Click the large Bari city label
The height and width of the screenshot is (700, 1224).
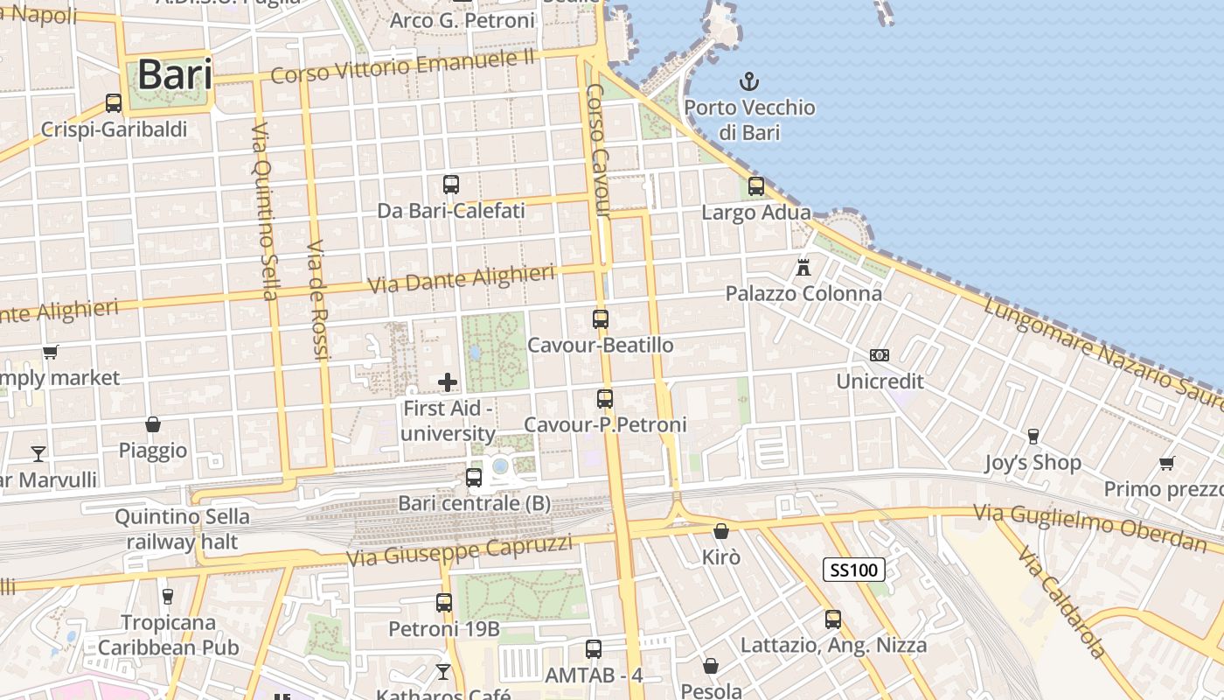[175, 74]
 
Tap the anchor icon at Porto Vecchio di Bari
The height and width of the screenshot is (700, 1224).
[749, 82]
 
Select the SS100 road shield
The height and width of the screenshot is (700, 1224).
[854, 570]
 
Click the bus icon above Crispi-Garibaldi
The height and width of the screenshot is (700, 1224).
[114, 103]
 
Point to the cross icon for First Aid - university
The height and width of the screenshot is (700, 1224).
[448, 382]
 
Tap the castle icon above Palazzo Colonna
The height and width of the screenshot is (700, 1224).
[803, 267]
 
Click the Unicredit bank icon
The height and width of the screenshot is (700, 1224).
[880, 355]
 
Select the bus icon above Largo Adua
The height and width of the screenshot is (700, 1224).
[756, 186]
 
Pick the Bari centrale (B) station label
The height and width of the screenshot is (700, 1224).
[474, 503]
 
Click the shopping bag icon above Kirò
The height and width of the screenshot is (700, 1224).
[721, 531]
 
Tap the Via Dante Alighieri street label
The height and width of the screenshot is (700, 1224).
[462, 280]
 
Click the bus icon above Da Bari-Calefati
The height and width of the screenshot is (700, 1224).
[451, 185]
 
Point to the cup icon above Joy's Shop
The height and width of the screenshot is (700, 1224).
[1033, 436]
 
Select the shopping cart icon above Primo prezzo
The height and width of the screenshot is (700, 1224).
[1166, 463]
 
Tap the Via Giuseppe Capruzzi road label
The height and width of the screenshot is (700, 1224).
[459, 549]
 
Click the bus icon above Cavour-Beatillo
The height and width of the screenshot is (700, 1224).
[601, 319]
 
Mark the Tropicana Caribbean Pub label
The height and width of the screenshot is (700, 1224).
[168, 635]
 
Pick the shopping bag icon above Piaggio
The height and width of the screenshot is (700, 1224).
[153, 424]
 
